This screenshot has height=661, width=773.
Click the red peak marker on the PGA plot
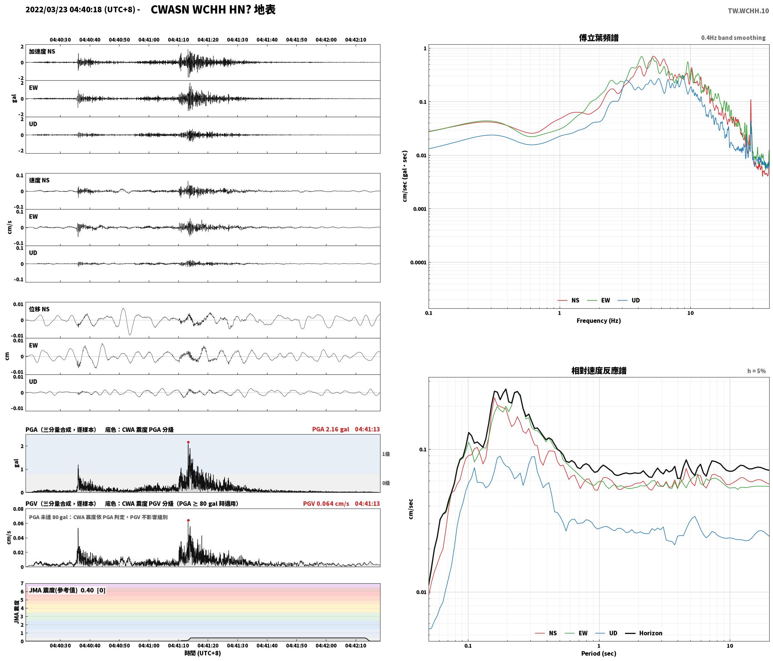[x=188, y=442]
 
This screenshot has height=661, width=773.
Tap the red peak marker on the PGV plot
[x=188, y=520]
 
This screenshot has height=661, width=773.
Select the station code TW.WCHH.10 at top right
[x=748, y=11]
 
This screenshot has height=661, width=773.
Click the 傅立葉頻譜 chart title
[x=599, y=38]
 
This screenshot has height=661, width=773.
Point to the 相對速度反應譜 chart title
[x=599, y=371]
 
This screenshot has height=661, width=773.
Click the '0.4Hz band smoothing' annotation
[x=733, y=38]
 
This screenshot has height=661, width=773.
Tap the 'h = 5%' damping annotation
[x=756, y=371]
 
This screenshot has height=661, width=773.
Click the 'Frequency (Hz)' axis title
[x=599, y=320]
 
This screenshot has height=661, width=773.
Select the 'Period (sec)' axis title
[x=599, y=653]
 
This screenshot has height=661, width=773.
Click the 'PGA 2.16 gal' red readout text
[x=331, y=429]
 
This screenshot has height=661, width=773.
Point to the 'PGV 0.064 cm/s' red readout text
[x=326, y=504]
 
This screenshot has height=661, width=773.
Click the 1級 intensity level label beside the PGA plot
[x=386, y=454]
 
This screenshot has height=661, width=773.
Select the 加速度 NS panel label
[x=42, y=51]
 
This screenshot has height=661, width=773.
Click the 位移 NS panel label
[x=39, y=309]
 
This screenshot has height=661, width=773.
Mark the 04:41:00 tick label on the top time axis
[x=149, y=40]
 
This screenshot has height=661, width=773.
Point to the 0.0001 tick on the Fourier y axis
[x=418, y=263]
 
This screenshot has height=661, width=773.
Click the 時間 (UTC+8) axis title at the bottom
[x=203, y=653]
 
